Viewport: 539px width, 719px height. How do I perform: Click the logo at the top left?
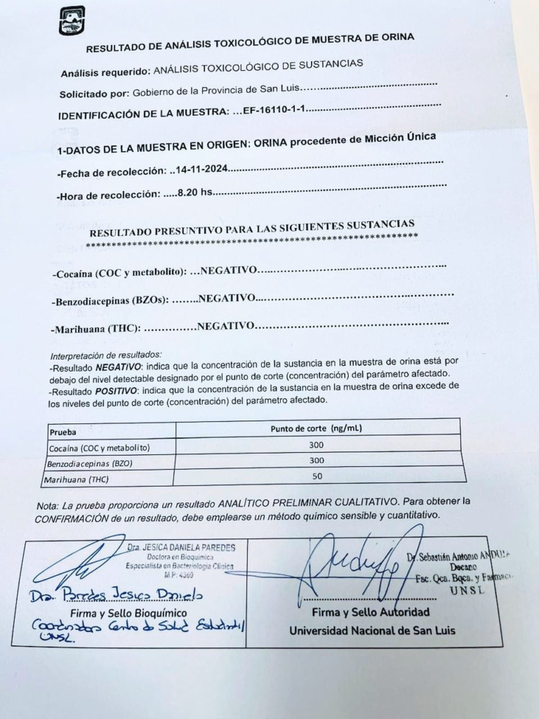(x=72, y=20)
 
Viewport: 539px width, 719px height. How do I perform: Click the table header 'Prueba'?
(x=63, y=432)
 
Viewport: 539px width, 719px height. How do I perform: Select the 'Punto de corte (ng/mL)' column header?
(x=317, y=428)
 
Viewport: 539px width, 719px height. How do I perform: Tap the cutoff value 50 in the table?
(x=317, y=475)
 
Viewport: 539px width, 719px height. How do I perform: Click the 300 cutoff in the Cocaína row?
(x=317, y=444)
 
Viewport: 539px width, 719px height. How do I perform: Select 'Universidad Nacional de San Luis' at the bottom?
(x=372, y=630)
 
